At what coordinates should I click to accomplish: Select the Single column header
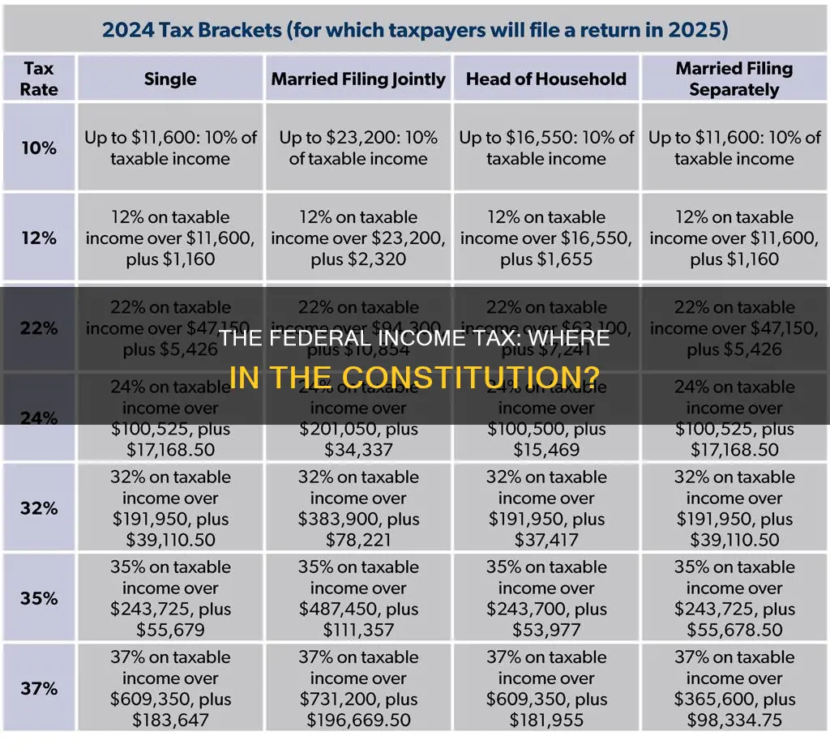(170, 79)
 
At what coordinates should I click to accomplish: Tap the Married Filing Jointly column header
(358, 79)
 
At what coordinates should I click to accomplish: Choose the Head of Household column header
(546, 79)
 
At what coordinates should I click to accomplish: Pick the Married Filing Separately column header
(734, 79)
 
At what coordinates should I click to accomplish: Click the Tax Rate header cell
(39, 79)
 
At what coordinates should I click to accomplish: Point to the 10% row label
(39, 148)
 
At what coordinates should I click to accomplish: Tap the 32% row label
(39, 508)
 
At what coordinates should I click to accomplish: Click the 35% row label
(39, 598)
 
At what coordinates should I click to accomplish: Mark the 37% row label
(39, 688)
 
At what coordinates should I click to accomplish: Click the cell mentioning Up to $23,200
(358, 148)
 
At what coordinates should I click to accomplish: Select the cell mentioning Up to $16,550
(546, 148)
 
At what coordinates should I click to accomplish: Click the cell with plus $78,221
(358, 508)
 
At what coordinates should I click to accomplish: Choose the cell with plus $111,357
(358, 598)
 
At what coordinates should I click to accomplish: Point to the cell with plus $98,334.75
(734, 688)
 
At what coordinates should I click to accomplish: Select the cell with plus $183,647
(170, 688)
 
